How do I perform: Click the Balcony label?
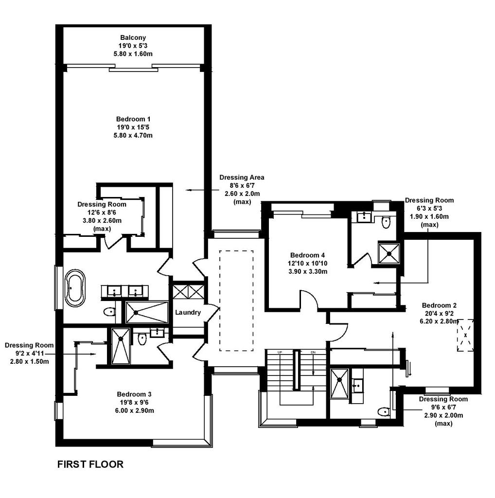133,37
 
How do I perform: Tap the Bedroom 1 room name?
133,119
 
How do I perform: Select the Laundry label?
188,312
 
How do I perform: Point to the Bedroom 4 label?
307,255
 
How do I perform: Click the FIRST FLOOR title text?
90,464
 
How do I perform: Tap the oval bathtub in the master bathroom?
75,288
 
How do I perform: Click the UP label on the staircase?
280,352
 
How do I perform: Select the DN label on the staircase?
313,352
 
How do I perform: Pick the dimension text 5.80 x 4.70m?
133,135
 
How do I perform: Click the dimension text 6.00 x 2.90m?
134,410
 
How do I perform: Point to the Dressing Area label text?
242,177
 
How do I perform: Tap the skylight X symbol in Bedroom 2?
465,335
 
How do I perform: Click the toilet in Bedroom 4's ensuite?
386,222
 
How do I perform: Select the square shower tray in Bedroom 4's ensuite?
389,253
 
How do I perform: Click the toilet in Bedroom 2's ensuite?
384,412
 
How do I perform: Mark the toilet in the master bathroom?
109,312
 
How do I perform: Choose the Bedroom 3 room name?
134,394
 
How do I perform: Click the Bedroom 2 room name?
439,305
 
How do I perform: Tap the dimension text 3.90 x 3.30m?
308,271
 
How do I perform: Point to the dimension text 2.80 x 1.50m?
30,361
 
